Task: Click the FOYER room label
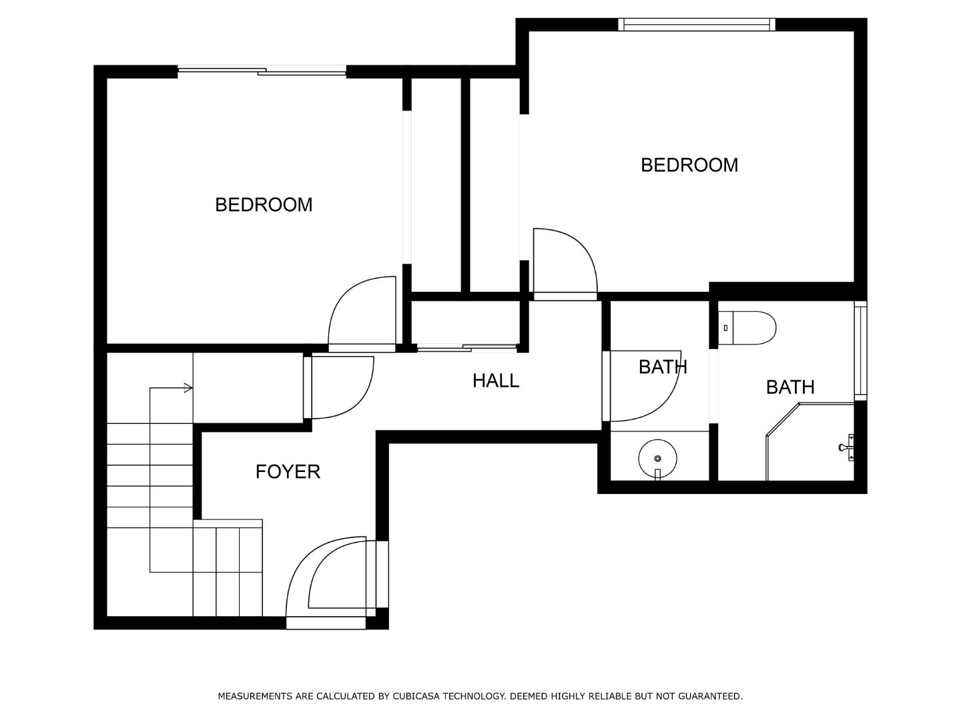[x=288, y=471]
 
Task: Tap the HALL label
[x=495, y=381]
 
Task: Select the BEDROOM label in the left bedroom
[x=264, y=204]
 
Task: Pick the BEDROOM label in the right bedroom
[x=689, y=165]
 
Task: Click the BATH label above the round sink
[x=662, y=367]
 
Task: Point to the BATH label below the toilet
[x=790, y=387]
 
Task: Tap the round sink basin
[x=657, y=459]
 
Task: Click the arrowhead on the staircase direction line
[x=189, y=388]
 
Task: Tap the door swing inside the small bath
[x=644, y=387]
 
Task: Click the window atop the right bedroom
[x=697, y=25]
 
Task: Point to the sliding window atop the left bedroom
[x=262, y=70]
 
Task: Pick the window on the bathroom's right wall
[x=860, y=350]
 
